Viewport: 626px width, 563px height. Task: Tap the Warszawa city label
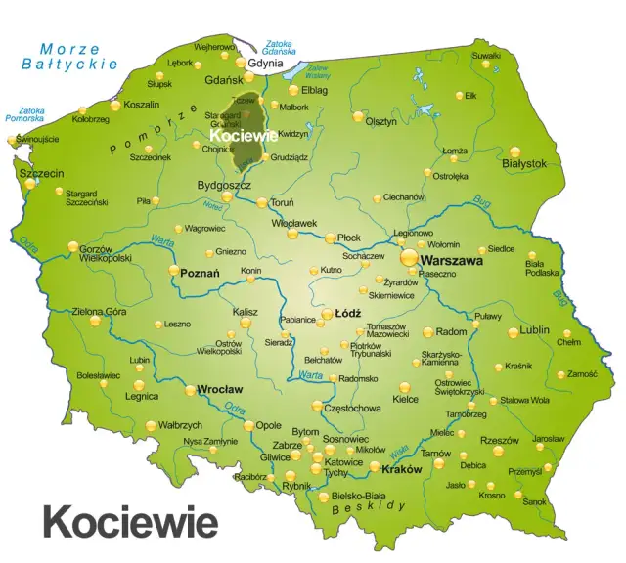[453, 262]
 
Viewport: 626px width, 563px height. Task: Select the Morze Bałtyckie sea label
[69, 57]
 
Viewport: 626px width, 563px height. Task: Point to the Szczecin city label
[41, 173]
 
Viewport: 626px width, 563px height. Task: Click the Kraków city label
[402, 469]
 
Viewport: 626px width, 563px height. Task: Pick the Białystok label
[523, 163]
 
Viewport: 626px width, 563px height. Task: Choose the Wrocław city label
[220, 388]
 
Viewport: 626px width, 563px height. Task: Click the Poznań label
[200, 275]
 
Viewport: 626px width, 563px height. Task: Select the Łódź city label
[348, 314]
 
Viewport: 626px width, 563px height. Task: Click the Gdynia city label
[267, 64]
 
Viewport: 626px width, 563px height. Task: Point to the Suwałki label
[486, 55]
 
